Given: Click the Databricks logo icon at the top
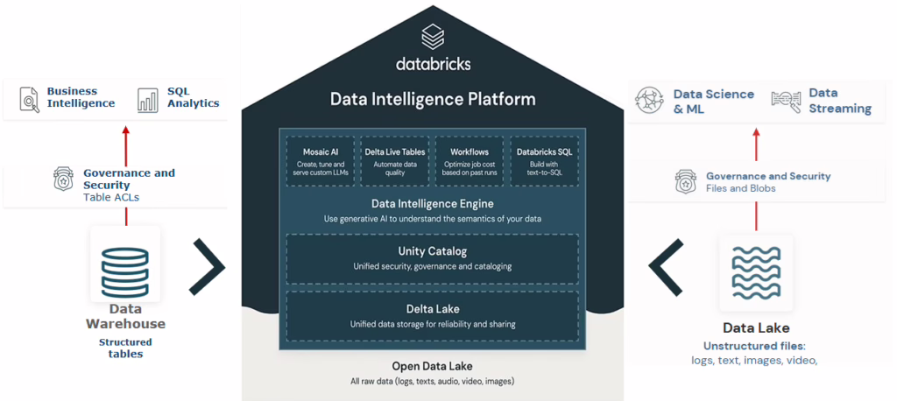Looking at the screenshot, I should (433, 37).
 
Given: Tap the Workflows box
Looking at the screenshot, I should (470, 160).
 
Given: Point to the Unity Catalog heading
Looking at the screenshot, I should (433, 252).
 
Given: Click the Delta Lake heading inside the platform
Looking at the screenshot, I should (433, 309).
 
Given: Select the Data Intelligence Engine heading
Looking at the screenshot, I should (433, 204).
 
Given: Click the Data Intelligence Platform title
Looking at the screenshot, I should (433, 99).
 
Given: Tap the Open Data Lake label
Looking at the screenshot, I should (433, 365).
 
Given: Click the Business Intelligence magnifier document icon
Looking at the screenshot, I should (30, 98).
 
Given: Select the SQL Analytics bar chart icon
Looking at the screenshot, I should (147, 98).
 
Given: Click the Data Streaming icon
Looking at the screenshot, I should (786, 101).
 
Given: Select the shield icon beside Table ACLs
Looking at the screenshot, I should (64, 179).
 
